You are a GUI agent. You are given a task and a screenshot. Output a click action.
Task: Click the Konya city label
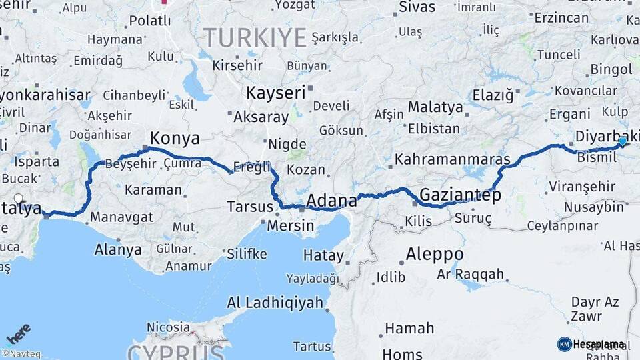[x=175, y=138]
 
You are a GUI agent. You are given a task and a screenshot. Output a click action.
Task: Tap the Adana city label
[x=330, y=199]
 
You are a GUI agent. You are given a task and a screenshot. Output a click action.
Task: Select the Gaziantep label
[x=460, y=195]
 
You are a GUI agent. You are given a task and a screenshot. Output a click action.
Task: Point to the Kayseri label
[x=275, y=93]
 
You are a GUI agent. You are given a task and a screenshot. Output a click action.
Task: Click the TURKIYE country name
[x=255, y=38]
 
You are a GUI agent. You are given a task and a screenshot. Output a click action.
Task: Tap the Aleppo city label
[x=435, y=254]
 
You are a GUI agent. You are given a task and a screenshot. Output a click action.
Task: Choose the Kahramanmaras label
[x=452, y=160]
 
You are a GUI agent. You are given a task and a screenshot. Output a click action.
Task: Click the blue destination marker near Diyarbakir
[x=622, y=141]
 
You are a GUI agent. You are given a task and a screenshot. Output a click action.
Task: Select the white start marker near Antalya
[x=18, y=198]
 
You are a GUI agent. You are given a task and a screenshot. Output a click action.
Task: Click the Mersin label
[x=290, y=225]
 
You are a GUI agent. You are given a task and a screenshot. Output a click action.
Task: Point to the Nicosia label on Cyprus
[x=169, y=327]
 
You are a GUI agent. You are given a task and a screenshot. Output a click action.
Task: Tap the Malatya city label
[x=435, y=107]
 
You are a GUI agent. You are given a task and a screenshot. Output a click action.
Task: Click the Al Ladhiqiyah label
[x=275, y=303]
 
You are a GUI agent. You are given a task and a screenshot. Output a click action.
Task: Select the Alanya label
[x=118, y=250]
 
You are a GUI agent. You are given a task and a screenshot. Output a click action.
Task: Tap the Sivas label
[x=417, y=8]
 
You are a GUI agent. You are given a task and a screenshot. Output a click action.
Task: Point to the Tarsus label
[x=250, y=206]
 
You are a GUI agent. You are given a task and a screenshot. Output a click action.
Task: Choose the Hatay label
[x=323, y=255]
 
